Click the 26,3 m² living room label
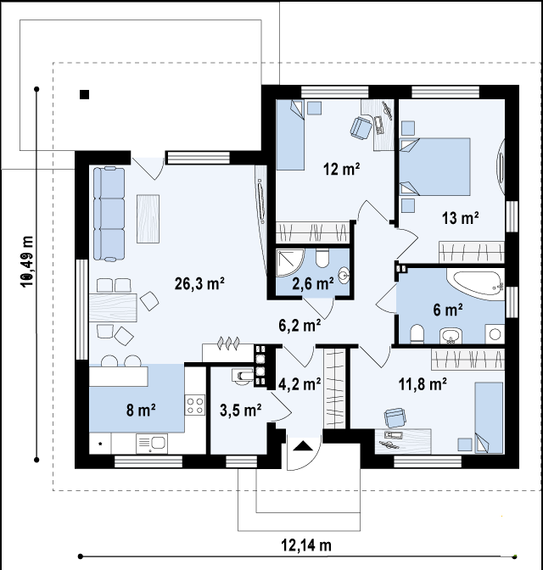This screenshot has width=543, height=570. click(199, 283)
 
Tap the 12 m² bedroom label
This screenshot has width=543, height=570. click(342, 169)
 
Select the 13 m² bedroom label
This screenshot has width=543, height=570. click(460, 218)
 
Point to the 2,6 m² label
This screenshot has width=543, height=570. click(313, 283)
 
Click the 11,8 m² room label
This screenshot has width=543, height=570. click(423, 384)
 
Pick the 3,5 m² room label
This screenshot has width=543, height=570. click(240, 410)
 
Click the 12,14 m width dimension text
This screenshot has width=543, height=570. click(306, 545)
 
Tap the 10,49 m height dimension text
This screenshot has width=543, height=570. click(28, 262)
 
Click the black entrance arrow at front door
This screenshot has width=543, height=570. click(303, 446)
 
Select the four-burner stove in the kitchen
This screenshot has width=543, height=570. click(195, 405)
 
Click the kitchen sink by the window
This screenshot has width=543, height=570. click(152, 443)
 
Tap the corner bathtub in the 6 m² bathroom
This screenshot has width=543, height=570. click(475, 284)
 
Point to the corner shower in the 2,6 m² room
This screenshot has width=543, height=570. click(289, 263)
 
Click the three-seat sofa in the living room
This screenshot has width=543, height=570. click(109, 214)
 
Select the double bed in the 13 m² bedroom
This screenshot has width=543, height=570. click(435, 166)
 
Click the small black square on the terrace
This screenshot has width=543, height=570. click(84, 94)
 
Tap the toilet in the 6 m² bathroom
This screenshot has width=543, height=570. click(417, 333)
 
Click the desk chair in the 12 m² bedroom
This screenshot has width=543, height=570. click(361, 127)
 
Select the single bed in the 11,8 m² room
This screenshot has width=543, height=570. click(490, 417)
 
